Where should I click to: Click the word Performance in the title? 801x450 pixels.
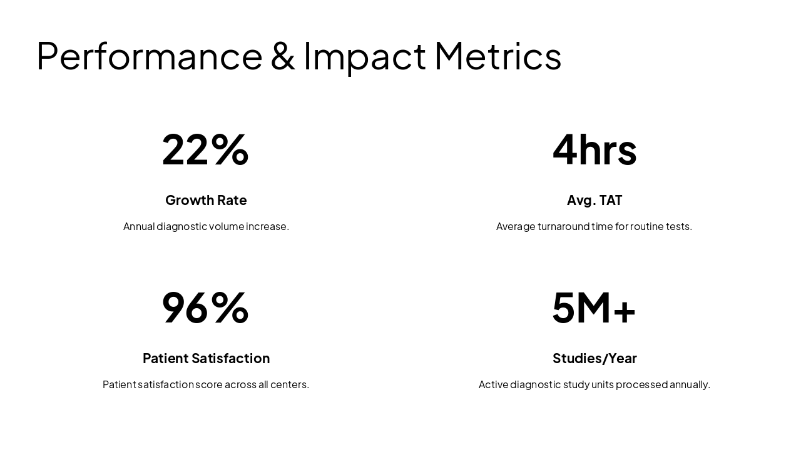point(149,56)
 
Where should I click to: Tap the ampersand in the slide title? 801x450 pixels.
point(283,56)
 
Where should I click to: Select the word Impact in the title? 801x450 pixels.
point(365,56)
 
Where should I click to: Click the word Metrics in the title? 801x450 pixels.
point(497,56)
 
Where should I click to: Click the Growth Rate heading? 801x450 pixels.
point(206,200)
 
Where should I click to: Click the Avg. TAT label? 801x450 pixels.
point(594,200)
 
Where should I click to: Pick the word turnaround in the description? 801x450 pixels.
point(563,226)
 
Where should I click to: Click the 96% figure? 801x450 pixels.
point(205,307)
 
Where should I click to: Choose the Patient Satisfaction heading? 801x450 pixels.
point(206,358)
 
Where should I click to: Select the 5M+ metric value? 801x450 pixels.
point(594,307)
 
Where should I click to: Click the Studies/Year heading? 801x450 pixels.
point(594,358)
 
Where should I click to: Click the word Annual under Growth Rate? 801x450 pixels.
point(139,226)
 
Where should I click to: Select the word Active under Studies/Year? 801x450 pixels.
point(493,384)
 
